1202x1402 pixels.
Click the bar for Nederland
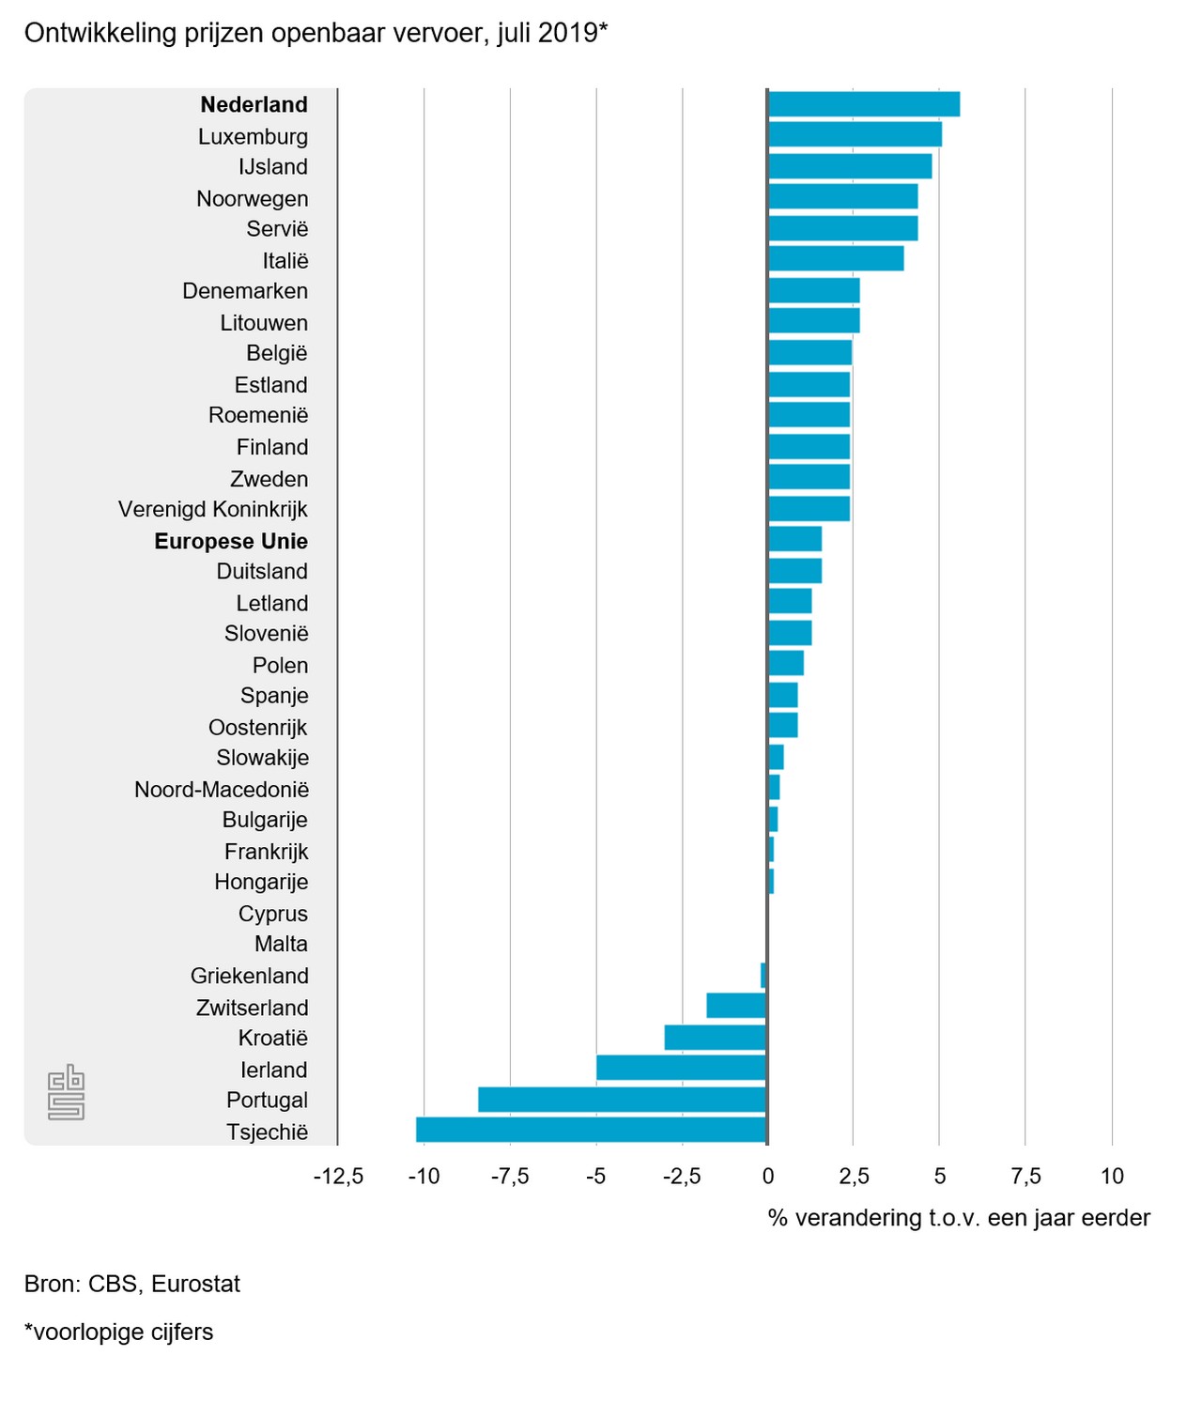click(864, 104)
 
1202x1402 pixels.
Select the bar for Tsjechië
click(592, 1130)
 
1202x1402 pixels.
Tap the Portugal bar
click(623, 1100)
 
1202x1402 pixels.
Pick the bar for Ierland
click(682, 1068)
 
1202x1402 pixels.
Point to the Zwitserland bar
click(736, 1006)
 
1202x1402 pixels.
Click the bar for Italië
click(836, 258)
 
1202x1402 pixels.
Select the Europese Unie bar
click(794, 539)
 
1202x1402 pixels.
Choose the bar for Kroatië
click(716, 1038)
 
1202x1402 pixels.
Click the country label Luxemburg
click(253, 136)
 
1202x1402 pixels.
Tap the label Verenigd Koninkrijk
click(213, 509)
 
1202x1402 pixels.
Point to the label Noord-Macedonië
click(222, 789)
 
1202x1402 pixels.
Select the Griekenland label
click(249, 976)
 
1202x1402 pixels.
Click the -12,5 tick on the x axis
click(338, 1177)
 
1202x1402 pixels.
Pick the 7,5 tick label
click(1025, 1177)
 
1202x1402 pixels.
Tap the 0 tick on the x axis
click(768, 1177)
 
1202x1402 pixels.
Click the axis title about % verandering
click(959, 1218)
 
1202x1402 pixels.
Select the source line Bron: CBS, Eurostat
click(132, 1284)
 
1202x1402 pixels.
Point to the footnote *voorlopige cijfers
click(119, 1332)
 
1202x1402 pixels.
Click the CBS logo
click(66, 1093)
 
